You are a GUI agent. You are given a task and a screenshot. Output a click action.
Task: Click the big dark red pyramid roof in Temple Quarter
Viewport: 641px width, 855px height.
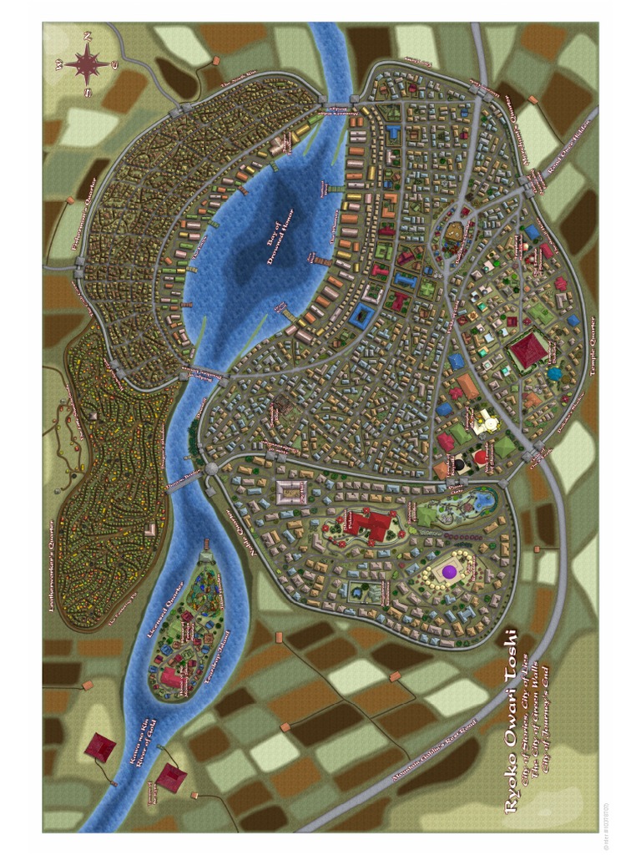pos(529,352)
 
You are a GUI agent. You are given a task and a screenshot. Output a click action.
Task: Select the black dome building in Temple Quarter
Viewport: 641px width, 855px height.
pos(458,461)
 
